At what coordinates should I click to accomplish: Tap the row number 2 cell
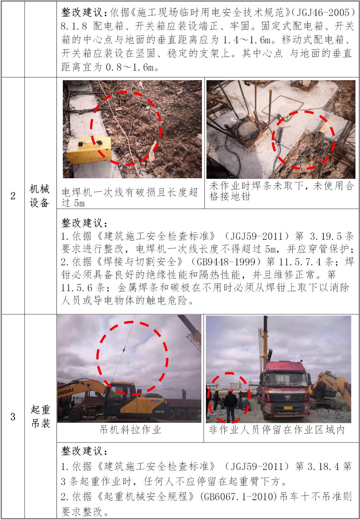[x=13, y=196]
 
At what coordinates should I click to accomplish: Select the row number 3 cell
[x=13, y=417]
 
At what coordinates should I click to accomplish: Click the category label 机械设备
[x=40, y=196]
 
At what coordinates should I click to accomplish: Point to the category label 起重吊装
[x=40, y=417]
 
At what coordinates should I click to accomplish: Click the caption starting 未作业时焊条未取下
[x=282, y=191]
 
